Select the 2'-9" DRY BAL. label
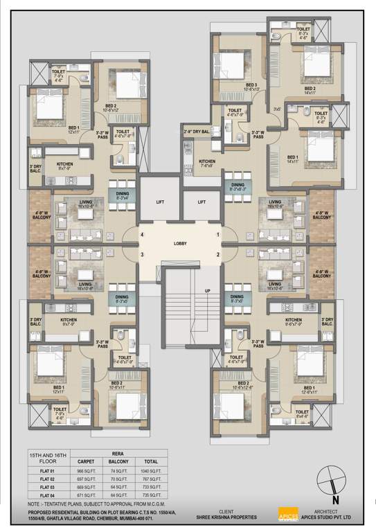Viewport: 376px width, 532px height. point(196,131)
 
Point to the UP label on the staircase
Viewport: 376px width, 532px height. point(206,291)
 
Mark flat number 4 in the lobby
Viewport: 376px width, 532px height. point(143,236)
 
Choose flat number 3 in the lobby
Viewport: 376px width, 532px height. point(143,255)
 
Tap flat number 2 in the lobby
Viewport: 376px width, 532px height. point(217,255)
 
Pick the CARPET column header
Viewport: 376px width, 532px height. point(85,460)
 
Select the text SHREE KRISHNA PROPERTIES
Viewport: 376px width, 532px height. point(231,517)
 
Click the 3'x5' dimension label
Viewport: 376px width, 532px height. point(277,108)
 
